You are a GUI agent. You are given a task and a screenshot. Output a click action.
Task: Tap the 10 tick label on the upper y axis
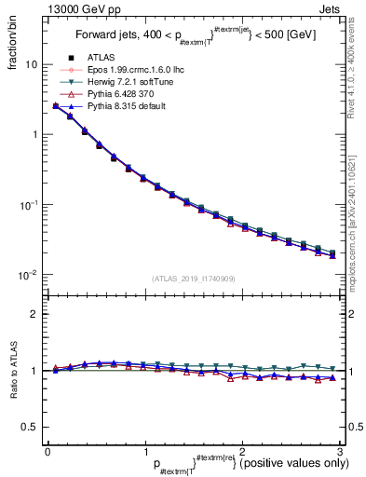click(x=30, y=65)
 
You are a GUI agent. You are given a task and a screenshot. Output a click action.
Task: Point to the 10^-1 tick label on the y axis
click(x=28, y=205)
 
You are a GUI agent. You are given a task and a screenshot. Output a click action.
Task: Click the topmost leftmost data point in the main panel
click(x=56, y=106)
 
